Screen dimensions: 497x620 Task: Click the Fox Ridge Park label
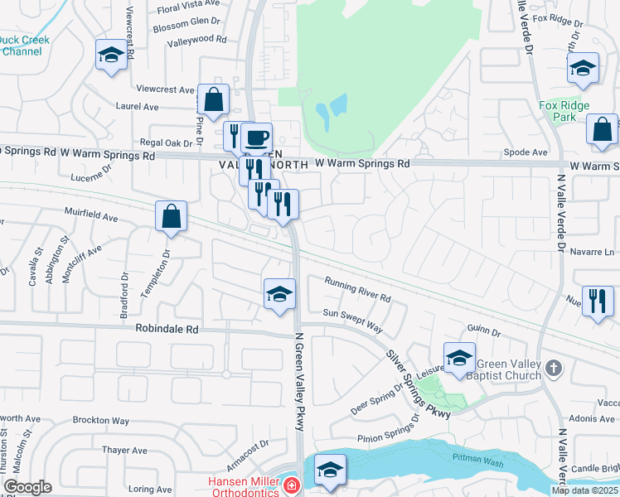[564, 111]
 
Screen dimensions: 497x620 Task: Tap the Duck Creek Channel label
[24, 46]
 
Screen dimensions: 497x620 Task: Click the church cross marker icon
[555, 367]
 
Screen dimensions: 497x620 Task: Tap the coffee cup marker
[257, 136]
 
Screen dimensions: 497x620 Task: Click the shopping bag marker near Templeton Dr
[171, 217]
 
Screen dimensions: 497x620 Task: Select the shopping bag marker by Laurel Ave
[213, 99]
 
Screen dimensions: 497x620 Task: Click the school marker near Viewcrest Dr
[110, 55]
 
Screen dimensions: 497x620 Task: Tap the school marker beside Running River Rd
[279, 294]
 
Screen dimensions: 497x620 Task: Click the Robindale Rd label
[167, 329]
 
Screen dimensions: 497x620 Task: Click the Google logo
[27, 487]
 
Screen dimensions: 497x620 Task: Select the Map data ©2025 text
[584, 490]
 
